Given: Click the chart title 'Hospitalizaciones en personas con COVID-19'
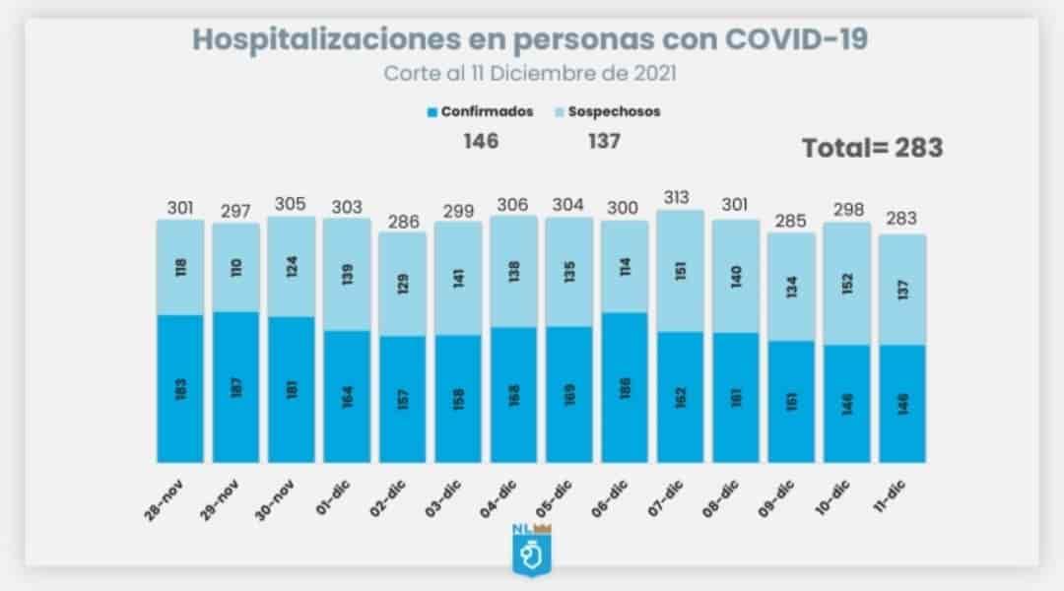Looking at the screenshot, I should point(530,39).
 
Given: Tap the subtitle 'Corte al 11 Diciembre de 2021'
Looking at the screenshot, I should point(530,74).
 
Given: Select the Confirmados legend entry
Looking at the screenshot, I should point(481,111).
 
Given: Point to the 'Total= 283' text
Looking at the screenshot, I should point(872,148).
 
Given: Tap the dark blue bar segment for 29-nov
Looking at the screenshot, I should point(236,386).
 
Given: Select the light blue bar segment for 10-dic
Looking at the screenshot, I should point(847,284).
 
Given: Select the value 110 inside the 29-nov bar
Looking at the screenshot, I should point(236,266).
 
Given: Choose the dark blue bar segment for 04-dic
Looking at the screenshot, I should point(514,394).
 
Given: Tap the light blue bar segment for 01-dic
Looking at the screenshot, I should point(347,274).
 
